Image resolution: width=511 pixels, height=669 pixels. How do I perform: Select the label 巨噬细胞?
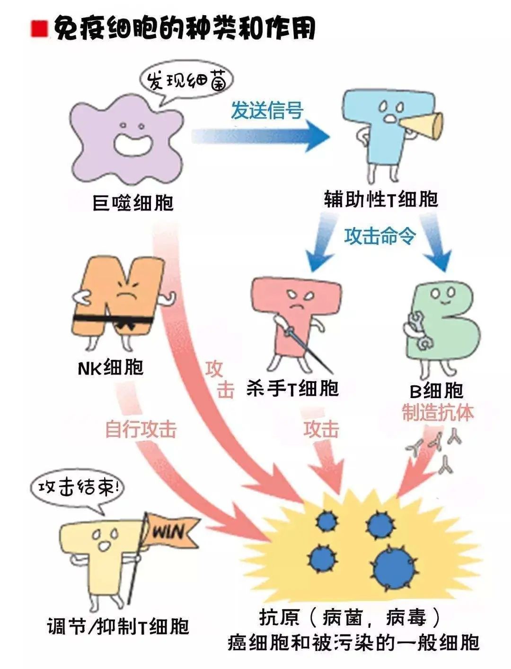pos(133,203)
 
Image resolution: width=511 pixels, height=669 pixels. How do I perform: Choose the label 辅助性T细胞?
pos(381,199)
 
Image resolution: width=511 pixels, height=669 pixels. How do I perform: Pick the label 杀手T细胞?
pos(292,389)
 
